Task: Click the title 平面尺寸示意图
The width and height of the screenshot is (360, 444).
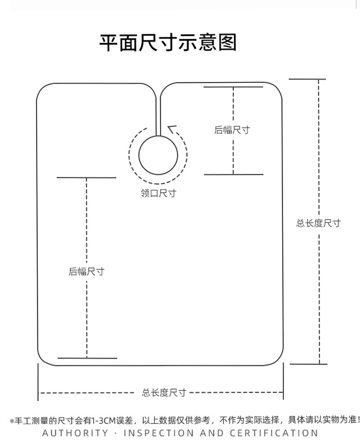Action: pos(168,43)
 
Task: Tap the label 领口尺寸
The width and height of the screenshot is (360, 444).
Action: pos(158,193)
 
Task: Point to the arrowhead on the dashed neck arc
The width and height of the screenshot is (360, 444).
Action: pos(171,129)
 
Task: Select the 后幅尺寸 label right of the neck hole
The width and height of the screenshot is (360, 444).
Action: pos(232,130)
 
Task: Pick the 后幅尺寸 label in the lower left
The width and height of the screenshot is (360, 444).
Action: pos(86,272)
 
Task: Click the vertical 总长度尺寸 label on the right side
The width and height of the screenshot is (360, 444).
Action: pos(318,223)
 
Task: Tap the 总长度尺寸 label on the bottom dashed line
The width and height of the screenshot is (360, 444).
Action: pos(164,393)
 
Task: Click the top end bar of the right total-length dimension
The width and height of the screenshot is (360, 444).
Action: pos(307,79)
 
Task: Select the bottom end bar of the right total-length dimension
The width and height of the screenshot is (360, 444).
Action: pos(308,364)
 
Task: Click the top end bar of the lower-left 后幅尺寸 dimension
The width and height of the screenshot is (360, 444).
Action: pos(86,177)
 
